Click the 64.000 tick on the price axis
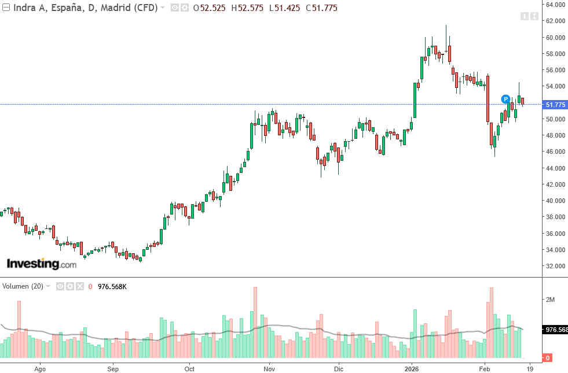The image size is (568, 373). pos(555,5)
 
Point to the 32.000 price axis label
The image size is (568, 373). pos(555,266)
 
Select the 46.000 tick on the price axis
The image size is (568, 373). pos(555,152)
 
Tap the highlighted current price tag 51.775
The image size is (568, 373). pos(555,105)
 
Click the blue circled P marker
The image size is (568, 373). pos(505,99)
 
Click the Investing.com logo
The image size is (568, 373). pos(41,264)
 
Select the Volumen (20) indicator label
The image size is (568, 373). pos(23,286)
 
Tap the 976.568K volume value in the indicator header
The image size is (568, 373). pos(112,286)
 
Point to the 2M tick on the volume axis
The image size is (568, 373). pos(550,300)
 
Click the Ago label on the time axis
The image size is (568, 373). pos(40,368)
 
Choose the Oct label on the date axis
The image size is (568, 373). pos(189,368)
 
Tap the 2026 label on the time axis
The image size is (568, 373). pos(412,368)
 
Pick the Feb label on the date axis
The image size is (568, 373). pos(485,368)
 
